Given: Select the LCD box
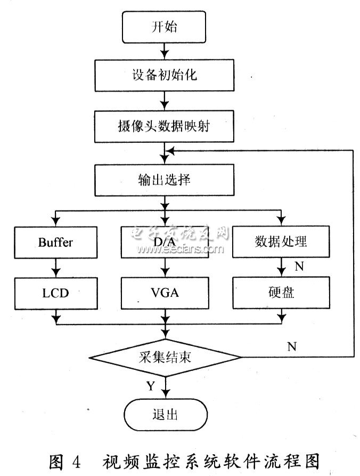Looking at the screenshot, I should click(x=55, y=292).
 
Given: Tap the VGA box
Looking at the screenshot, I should click(x=164, y=292).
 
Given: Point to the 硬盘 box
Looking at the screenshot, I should click(x=281, y=292).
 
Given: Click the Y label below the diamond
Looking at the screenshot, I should click(x=151, y=386).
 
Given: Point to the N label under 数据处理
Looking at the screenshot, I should click(x=299, y=267).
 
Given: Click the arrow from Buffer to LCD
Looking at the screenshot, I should click(x=55, y=267).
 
